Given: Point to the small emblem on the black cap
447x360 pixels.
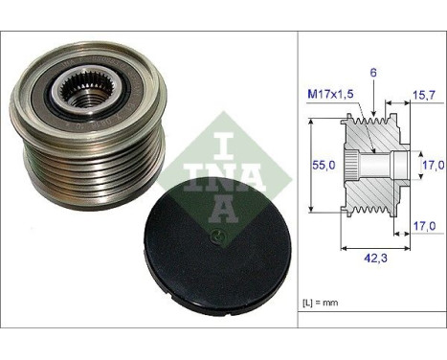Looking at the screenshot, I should pos(217,235).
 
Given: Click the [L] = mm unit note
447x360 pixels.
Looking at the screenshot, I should pos(322,304).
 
